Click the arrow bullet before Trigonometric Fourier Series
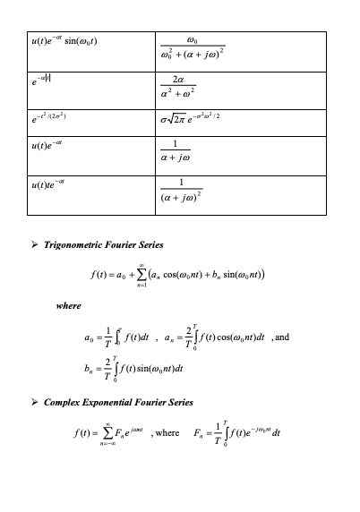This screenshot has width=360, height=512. tap(35, 244)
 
